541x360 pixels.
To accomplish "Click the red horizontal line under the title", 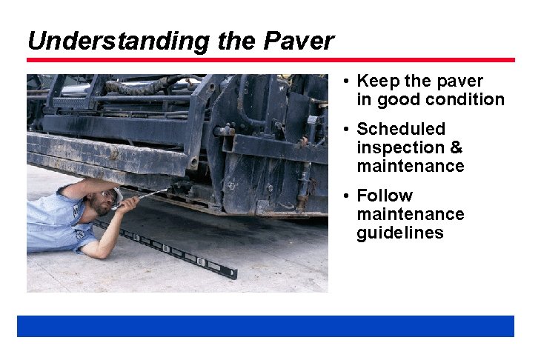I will [270, 60].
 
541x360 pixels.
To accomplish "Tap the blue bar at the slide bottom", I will [265, 326].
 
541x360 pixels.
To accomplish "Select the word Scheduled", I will [401, 130].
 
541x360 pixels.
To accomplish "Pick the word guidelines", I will [399, 233].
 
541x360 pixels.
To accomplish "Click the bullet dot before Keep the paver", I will [346, 81].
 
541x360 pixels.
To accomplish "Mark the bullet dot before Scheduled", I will [346, 130].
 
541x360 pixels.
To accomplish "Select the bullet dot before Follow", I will [346, 196].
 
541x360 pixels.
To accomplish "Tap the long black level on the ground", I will [170, 248].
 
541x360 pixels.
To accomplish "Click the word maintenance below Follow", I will [410, 215].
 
